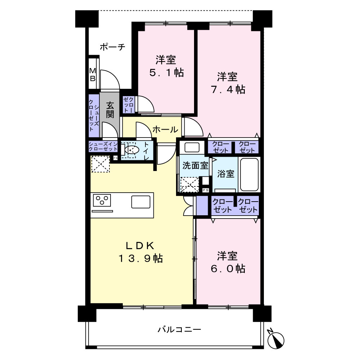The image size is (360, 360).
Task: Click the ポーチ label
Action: tap(112, 47)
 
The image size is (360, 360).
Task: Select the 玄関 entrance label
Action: tap(110, 110)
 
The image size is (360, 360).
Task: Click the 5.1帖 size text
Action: tap(166, 73)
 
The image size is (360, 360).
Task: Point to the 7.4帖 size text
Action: tap(228, 89)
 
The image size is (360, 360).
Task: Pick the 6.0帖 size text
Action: tap(228, 269)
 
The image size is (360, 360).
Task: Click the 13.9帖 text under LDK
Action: tap(140, 258)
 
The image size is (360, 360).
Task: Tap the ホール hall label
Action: tap(165, 130)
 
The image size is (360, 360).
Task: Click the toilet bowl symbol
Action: tap(132, 150)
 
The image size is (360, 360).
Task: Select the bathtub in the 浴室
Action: tap(249, 175)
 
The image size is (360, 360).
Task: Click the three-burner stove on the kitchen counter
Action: tap(102, 201)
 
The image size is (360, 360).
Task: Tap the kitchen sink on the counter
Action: tap(141, 202)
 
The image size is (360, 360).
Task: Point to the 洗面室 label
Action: tap(195, 165)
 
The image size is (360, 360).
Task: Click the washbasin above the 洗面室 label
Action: tap(192, 147)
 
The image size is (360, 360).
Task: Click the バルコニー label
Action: tap(179, 330)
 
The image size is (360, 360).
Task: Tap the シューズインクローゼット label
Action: tap(103, 147)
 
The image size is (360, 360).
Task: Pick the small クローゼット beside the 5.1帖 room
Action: tap(129, 105)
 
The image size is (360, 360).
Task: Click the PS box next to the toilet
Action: tap(116, 158)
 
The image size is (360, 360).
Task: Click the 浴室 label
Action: tap(226, 174)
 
